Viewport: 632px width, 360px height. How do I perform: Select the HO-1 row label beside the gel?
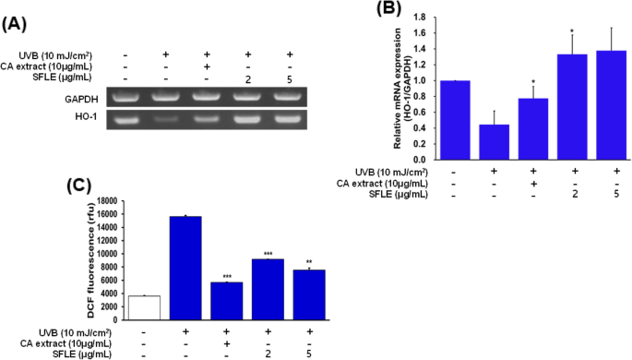(x=83, y=117)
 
